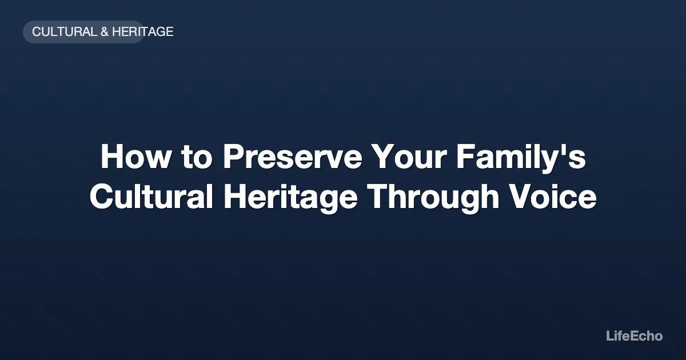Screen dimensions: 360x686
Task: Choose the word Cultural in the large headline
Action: [x=151, y=198]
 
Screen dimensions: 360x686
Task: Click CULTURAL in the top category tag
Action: [x=65, y=32]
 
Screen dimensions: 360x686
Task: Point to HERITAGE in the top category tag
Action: [x=142, y=32]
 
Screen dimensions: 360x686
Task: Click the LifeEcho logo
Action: [x=634, y=336]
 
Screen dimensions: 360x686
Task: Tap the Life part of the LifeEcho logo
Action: [x=617, y=336]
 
